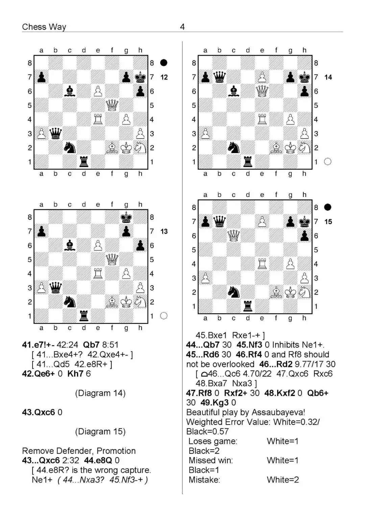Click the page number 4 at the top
point(182,27)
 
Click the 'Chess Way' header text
point(44,27)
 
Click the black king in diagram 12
point(140,77)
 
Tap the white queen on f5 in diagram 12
point(112,105)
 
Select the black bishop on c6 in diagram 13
point(70,245)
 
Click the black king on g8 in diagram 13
point(126,217)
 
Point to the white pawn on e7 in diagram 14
point(262,77)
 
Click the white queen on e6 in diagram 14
point(262,91)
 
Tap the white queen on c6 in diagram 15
point(234,236)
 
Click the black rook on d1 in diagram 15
point(248,306)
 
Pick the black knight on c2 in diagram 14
point(234,148)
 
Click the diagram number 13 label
point(164,231)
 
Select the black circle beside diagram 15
point(327,207)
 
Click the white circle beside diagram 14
point(327,162)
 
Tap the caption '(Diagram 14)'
point(100,393)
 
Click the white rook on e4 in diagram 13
point(98,274)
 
